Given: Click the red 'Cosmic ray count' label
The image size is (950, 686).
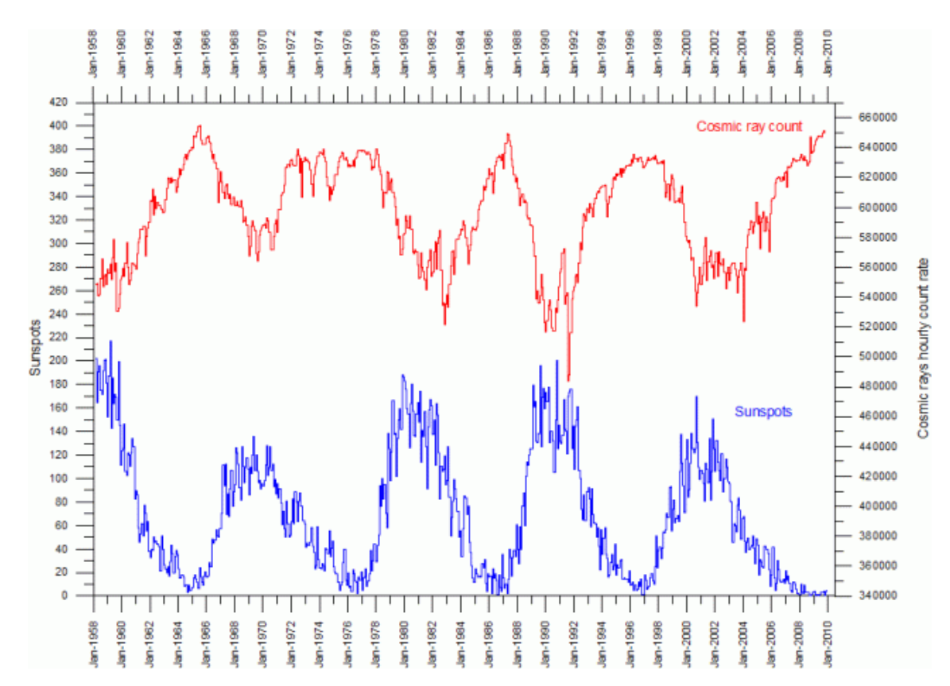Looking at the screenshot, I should tap(749, 126).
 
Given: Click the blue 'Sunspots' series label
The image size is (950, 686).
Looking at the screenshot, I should tap(762, 412).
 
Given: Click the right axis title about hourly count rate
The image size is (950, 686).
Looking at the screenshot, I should tap(923, 349).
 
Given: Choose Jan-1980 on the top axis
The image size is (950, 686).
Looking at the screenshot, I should tap(404, 57).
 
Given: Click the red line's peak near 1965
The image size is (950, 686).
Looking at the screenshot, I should tap(200, 126).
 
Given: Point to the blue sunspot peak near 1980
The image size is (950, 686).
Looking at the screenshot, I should tap(402, 375).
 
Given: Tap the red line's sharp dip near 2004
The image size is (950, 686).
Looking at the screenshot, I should tap(743, 321).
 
